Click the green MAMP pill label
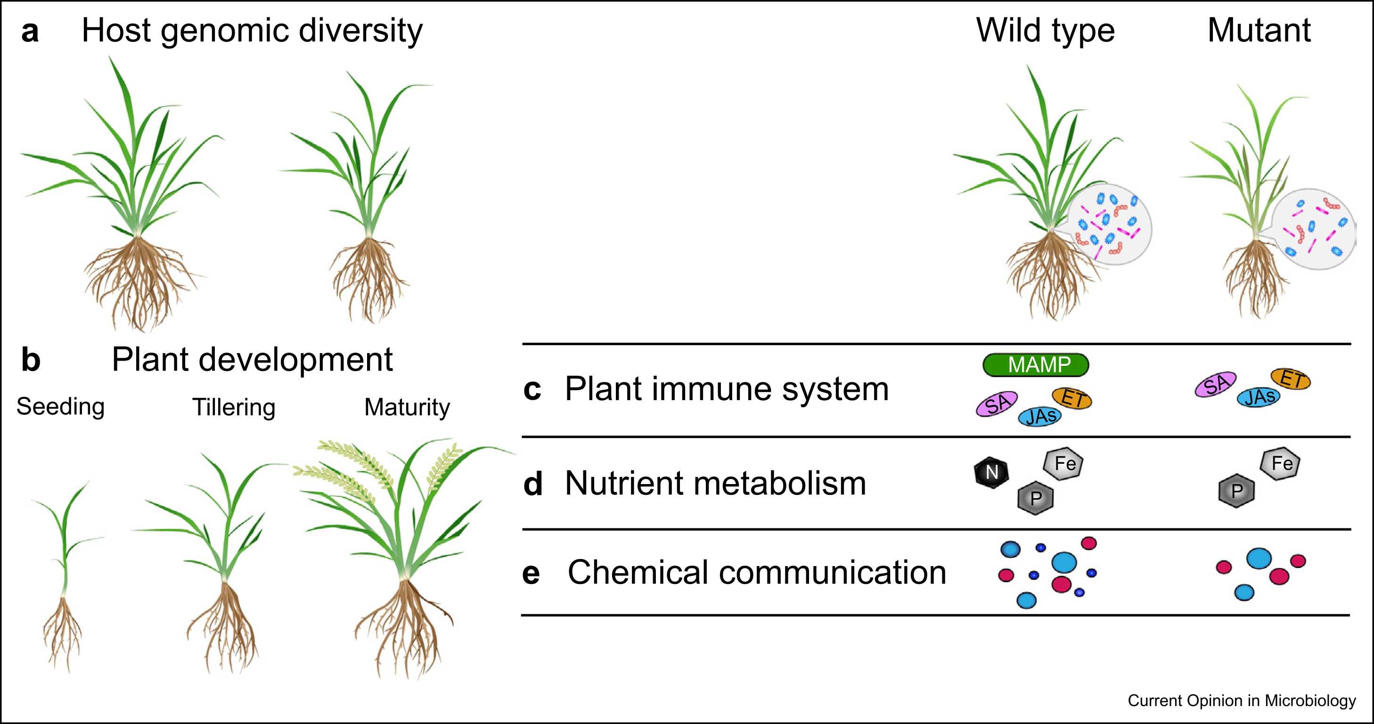(1035, 365)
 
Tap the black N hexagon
(991, 472)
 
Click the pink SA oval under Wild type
(997, 404)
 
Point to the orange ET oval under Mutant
(1291, 379)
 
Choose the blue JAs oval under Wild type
(1039, 416)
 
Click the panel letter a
(30, 31)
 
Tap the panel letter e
(531, 574)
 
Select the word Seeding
(60, 407)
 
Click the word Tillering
(234, 408)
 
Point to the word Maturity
(407, 408)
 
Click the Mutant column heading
(1259, 31)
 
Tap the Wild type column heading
(1046, 31)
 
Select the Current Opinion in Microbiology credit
(1242, 700)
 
